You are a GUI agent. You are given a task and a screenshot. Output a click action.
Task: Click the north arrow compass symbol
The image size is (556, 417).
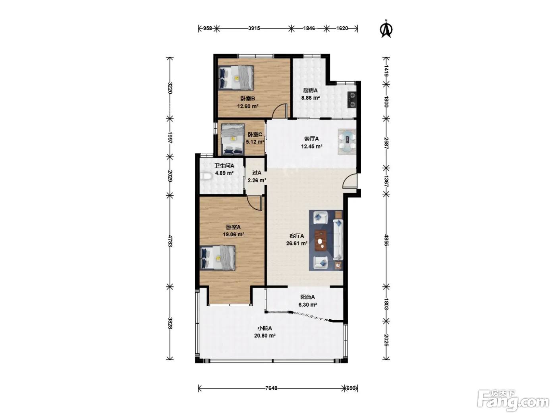(386, 29)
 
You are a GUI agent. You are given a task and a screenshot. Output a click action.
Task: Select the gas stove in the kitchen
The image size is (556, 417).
(352, 100)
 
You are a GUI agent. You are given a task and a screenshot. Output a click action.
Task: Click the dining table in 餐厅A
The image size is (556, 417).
(347, 142)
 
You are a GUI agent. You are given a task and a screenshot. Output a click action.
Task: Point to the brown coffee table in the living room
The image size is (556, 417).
(320, 241)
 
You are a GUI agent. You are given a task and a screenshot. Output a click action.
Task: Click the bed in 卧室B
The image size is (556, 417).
(236, 78)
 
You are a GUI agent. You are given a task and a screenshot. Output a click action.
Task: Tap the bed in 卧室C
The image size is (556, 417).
(233, 139)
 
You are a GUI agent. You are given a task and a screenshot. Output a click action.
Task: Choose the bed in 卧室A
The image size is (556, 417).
(218, 258)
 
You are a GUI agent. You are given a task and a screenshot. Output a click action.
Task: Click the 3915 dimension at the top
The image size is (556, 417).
(254, 28)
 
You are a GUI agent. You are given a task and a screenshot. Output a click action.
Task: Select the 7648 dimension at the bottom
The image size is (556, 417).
(271, 388)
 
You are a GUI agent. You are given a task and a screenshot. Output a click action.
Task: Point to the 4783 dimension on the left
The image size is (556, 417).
(170, 241)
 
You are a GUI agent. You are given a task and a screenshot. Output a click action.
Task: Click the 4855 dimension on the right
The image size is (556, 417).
(386, 240)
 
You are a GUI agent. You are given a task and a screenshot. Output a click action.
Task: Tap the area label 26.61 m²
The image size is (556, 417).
(297, 243)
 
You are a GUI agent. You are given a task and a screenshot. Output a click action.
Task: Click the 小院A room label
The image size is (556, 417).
(265, 328)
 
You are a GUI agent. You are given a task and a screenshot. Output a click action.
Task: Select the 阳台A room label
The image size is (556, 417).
(307, 297)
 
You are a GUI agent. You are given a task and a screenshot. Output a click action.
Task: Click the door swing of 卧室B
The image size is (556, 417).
(280, 111)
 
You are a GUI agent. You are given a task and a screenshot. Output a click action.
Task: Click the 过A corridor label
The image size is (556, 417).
(257, 173)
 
